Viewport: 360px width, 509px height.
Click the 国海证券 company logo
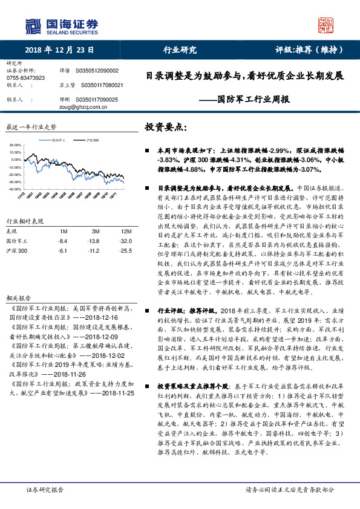[61, 25]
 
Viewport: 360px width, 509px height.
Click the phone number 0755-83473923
[25, 78]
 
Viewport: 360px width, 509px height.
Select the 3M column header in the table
[95, 232]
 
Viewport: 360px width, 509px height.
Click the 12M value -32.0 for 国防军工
[126, 241]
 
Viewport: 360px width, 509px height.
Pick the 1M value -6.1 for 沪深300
[62, 250]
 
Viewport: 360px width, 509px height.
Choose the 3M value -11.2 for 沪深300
[93, 250]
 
